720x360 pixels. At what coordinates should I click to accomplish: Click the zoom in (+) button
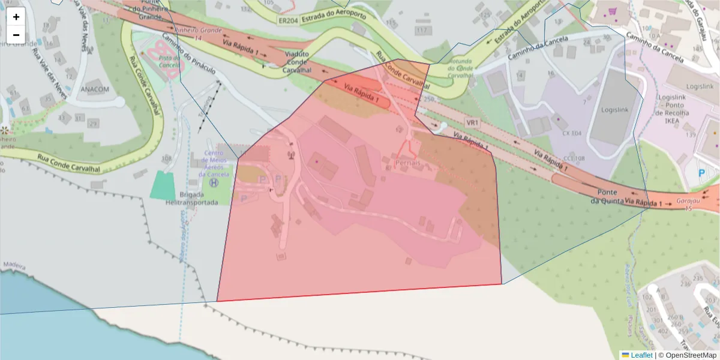16,17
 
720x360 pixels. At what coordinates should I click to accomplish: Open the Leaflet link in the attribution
641,355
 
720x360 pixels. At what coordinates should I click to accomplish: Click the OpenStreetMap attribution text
691,355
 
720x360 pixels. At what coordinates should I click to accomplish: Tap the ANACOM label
95,90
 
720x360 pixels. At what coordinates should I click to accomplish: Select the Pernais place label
408,163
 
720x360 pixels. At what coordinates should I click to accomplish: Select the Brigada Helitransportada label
191,199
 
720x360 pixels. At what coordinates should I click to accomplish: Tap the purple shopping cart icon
612,11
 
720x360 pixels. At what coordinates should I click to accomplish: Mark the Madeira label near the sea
15,265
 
